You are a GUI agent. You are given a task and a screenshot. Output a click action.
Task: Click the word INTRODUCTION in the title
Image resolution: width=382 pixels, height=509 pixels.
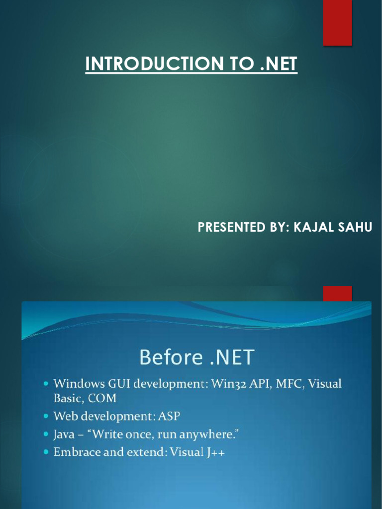pyautogui.click(x=155, y=64)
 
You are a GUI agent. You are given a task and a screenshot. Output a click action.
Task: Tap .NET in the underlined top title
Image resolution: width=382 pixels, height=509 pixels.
pyautogui.click(x=279, y=64)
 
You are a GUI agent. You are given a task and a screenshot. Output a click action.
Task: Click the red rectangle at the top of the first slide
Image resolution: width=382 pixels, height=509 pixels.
pyautogui.click(x=338, y=23)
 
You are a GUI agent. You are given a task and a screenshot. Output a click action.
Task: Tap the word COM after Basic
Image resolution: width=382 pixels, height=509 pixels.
pyautogui.click(x=102, y=398)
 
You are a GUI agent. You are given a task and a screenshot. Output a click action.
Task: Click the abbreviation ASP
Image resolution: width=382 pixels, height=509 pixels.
pyautogui.click(x=169, y=416)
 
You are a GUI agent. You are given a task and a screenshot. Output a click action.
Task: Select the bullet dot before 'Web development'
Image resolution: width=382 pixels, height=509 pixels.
pyautogui.click(x=46, y=416)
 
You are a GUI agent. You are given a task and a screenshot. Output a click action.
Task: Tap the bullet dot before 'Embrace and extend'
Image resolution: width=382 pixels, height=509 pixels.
pyautogui.click(x=46, y=452)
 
